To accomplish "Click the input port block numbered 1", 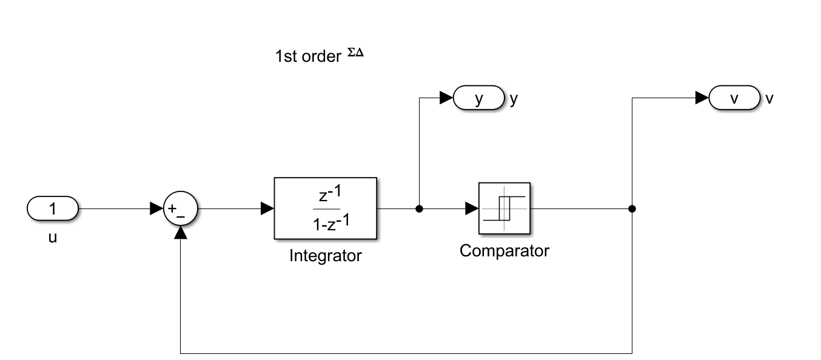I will (53, 209).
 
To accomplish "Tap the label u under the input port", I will (53, 238).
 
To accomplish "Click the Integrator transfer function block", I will (325, 208).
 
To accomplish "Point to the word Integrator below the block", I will (325, 256).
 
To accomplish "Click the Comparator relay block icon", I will (504, 208).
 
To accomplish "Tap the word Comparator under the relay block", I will (504, 251).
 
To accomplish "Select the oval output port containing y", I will (479, 99).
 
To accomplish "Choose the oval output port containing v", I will (734, 99).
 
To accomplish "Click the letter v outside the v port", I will (769, 99).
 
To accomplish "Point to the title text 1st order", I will (307, 57).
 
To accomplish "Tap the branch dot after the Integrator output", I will (419, 209).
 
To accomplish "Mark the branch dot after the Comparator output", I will (632, 209).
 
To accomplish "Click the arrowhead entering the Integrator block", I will (267, 209).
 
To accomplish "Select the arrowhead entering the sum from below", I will (181, 232).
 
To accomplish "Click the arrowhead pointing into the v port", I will (702, 98).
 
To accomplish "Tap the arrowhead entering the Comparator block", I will (471, 209).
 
